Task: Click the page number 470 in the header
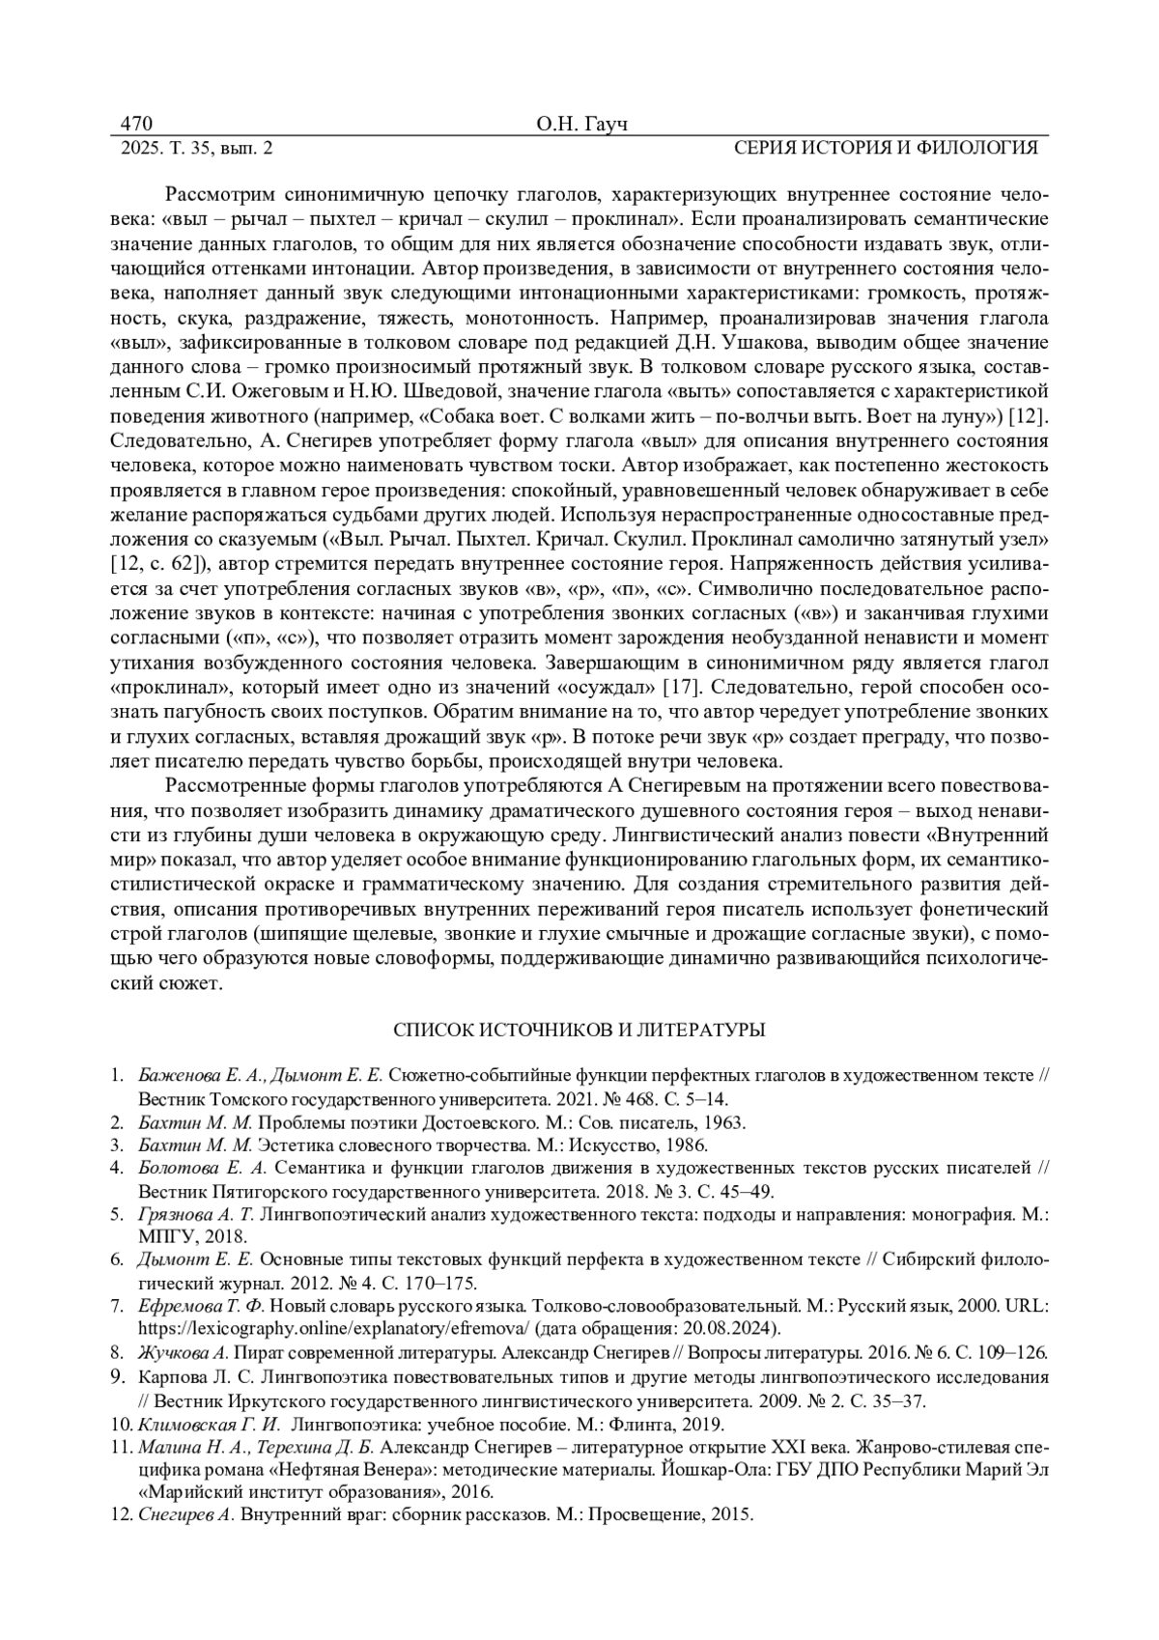point(136,125)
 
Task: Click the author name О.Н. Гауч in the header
point(579,126)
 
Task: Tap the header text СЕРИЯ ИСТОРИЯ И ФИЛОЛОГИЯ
point(885,148)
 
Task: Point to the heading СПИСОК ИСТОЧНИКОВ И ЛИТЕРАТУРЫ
point(579,1030)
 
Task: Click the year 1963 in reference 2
point(724,1123)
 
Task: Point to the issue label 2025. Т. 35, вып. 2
point(197,148)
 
